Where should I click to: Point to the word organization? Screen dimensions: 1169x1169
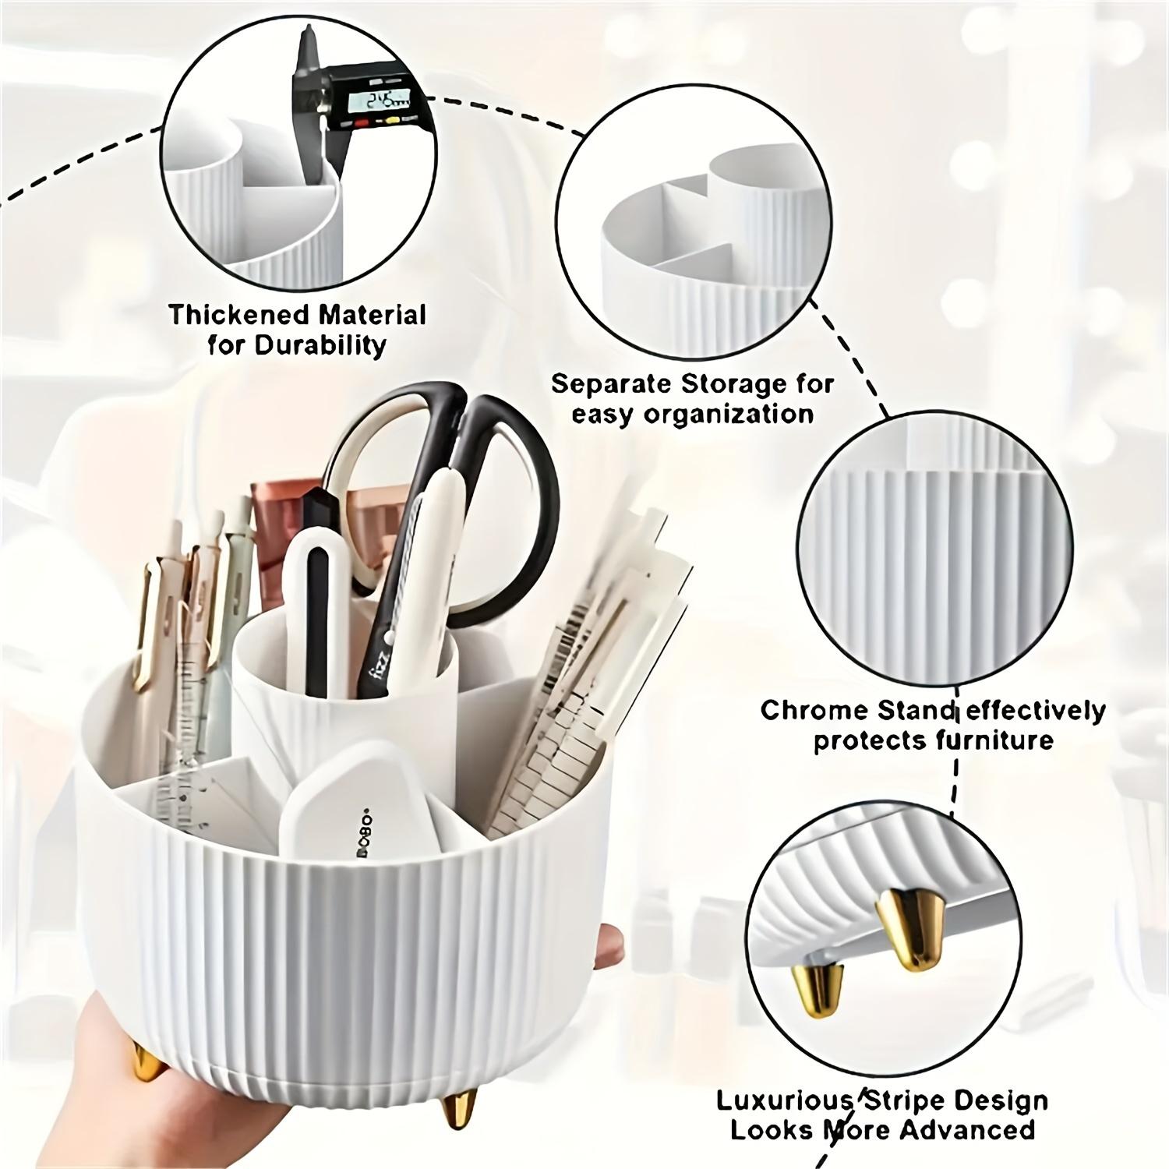click(729, 414)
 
